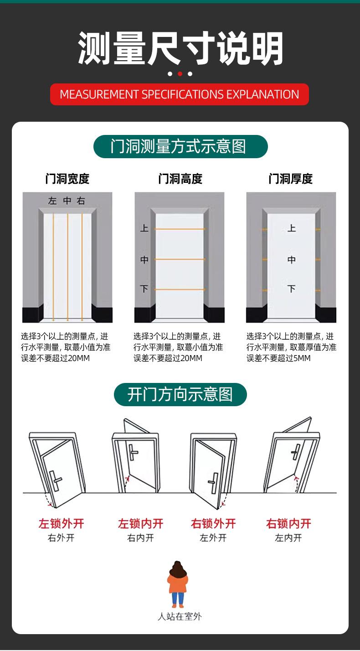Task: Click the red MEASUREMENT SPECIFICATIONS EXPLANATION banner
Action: [180, 94]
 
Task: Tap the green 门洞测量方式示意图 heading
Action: [180, 146]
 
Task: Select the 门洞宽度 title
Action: [67, 179]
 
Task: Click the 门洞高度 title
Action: [180, 179]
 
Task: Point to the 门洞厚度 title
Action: [291, 179]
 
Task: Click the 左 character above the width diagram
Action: [53, 201]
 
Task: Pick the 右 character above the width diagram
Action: [81, 201]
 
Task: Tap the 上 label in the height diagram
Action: [144, 227]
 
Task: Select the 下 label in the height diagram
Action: [144, 289]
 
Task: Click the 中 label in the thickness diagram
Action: [292, 260]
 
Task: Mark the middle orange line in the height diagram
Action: [180, 259]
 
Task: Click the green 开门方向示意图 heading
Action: [180, 394]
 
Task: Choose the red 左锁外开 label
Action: [62, 523]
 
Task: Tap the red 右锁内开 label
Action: [288, 523]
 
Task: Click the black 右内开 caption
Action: [140, 538]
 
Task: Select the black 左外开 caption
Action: [213, 538]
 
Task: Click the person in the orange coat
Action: [178, 584]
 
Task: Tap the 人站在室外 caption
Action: [180, 617]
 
